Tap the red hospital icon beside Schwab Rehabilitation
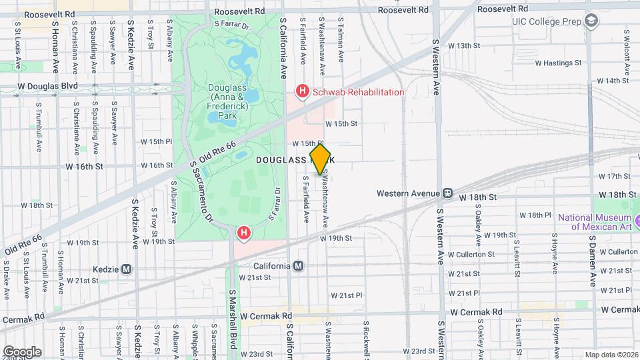click(303, 92)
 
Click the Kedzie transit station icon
click(127, 269)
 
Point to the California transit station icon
click(299, 266)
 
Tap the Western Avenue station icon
click(448, 194)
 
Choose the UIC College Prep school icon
click(591, 21)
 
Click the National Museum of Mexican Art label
click(594, 222)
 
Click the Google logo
click(22, 351)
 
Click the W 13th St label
click(464, 45)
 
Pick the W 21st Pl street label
click(345, 295)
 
